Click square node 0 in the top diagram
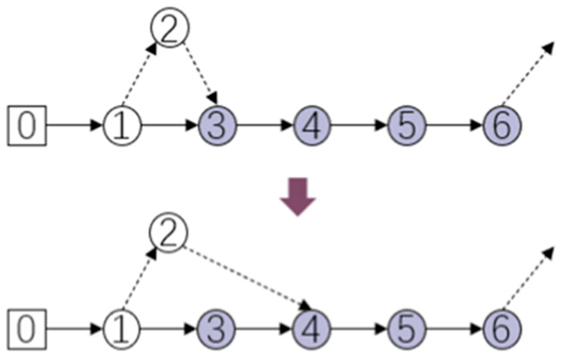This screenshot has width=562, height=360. coord(27,125)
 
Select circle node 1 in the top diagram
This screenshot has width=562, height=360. coord(122,125)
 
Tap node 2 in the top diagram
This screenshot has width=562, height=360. coord(170,27)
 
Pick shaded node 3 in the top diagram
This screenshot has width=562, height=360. coord(217,125)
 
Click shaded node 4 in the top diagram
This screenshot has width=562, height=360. coord(312,125)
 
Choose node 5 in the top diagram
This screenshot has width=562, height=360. coord(407,125)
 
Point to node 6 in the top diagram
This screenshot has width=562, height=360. coord(502,125)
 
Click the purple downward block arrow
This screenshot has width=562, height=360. coord(298,197)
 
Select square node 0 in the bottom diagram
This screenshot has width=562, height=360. coord(27,329)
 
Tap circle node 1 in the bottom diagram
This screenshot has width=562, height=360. coord(122,329)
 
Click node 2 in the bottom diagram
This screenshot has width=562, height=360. coord(169,232)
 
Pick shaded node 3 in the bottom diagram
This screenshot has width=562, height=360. coord(217,329)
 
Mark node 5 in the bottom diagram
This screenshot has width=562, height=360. coord(407,329)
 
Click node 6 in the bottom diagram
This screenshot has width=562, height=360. coord(502,329)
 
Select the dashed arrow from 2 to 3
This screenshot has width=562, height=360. coord(201,73)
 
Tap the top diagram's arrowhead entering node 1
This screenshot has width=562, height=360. coord(96,125)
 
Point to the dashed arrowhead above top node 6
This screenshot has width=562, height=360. coord(548,48)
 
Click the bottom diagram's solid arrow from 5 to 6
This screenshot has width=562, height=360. coord(454,329)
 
